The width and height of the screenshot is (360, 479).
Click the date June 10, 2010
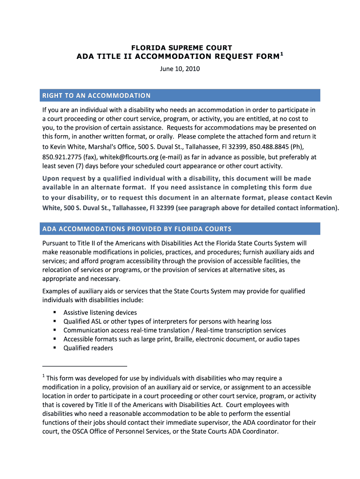[180, 69]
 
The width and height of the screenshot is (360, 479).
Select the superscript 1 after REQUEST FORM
[281, 54]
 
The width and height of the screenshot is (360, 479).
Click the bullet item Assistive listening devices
[100, 312]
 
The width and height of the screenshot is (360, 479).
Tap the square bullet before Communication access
[55, 330]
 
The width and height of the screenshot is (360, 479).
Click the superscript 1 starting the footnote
[43, 376]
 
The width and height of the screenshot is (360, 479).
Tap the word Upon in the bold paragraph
[51, 179]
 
